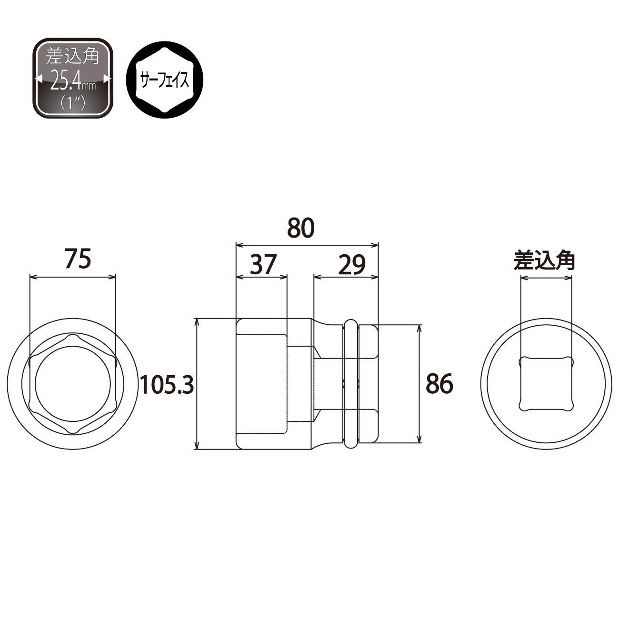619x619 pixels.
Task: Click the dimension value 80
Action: tap(300, 228)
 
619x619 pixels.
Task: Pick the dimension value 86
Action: tap(439, 384)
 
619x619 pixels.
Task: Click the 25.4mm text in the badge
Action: tap(73, 82)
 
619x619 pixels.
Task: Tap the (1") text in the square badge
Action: tap(73, 103)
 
